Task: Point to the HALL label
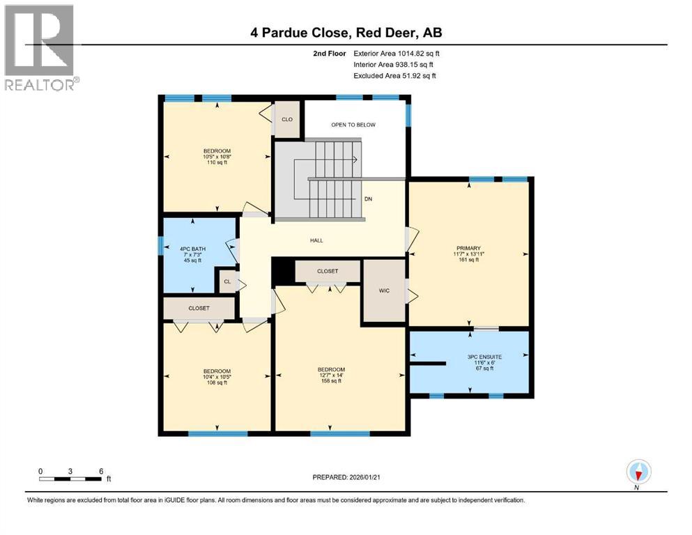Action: (316, 241)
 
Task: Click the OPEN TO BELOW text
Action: (353, 125)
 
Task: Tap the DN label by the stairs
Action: (369, 199)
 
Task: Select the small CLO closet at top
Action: (286, 119)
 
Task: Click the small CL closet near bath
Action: (226, 282)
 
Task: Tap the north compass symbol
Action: (638, 473)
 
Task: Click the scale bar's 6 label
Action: (101, 471)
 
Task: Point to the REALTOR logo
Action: (40, 48)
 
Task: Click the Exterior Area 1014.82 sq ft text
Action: (397, 53)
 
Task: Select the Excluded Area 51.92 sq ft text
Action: (394, 76)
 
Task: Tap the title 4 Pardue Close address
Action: (346, 32)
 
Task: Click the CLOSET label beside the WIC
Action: (327, 271)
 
